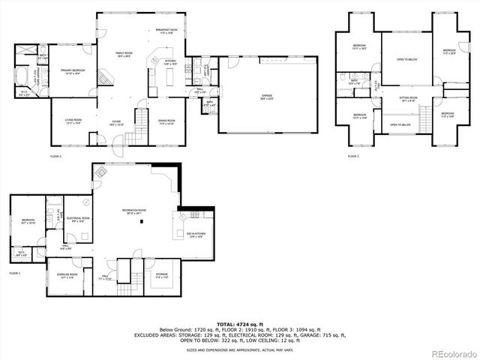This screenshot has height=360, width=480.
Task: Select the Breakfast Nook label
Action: click(165, 31)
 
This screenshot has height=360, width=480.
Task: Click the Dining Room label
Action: click(166, 121)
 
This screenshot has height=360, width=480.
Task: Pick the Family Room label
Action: click(123, 54)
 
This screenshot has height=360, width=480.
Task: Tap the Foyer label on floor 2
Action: click(117, 122)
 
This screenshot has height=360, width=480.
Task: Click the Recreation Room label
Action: click(134, 211)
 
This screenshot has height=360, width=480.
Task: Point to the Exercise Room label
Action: click(68, 276)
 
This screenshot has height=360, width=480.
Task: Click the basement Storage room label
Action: click(162, 276)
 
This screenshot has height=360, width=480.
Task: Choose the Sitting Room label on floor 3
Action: click(408, 98)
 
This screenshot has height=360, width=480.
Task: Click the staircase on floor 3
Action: click(426, 117)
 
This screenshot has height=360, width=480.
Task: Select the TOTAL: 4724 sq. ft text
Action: click(240, 323)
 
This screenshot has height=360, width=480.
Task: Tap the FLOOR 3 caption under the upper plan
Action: click(353, 156)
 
